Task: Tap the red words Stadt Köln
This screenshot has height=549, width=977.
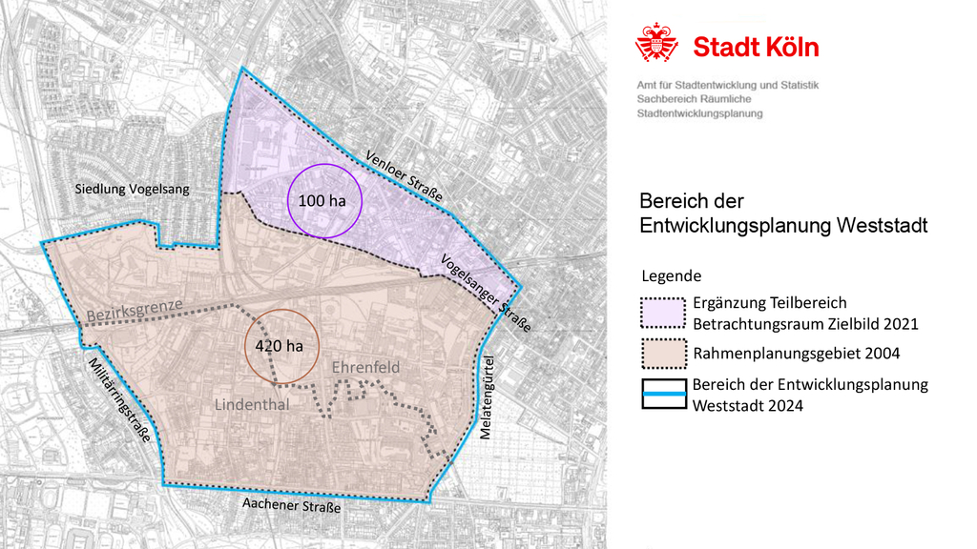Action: [756, 47]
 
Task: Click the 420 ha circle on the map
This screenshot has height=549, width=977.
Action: [280, 345]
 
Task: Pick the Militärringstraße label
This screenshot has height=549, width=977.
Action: [118, 399]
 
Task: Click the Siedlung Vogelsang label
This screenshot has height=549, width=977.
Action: [132, 190]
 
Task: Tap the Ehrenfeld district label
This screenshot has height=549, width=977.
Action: [365, 367]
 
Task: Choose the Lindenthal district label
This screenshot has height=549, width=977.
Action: [252, 405]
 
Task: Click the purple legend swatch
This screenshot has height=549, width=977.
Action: [662, 314]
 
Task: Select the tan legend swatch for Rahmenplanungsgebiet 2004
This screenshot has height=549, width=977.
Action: [662, 354]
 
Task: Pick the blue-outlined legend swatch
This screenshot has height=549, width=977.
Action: [662, 395]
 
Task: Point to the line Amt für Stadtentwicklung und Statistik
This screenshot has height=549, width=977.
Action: [727, 85]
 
